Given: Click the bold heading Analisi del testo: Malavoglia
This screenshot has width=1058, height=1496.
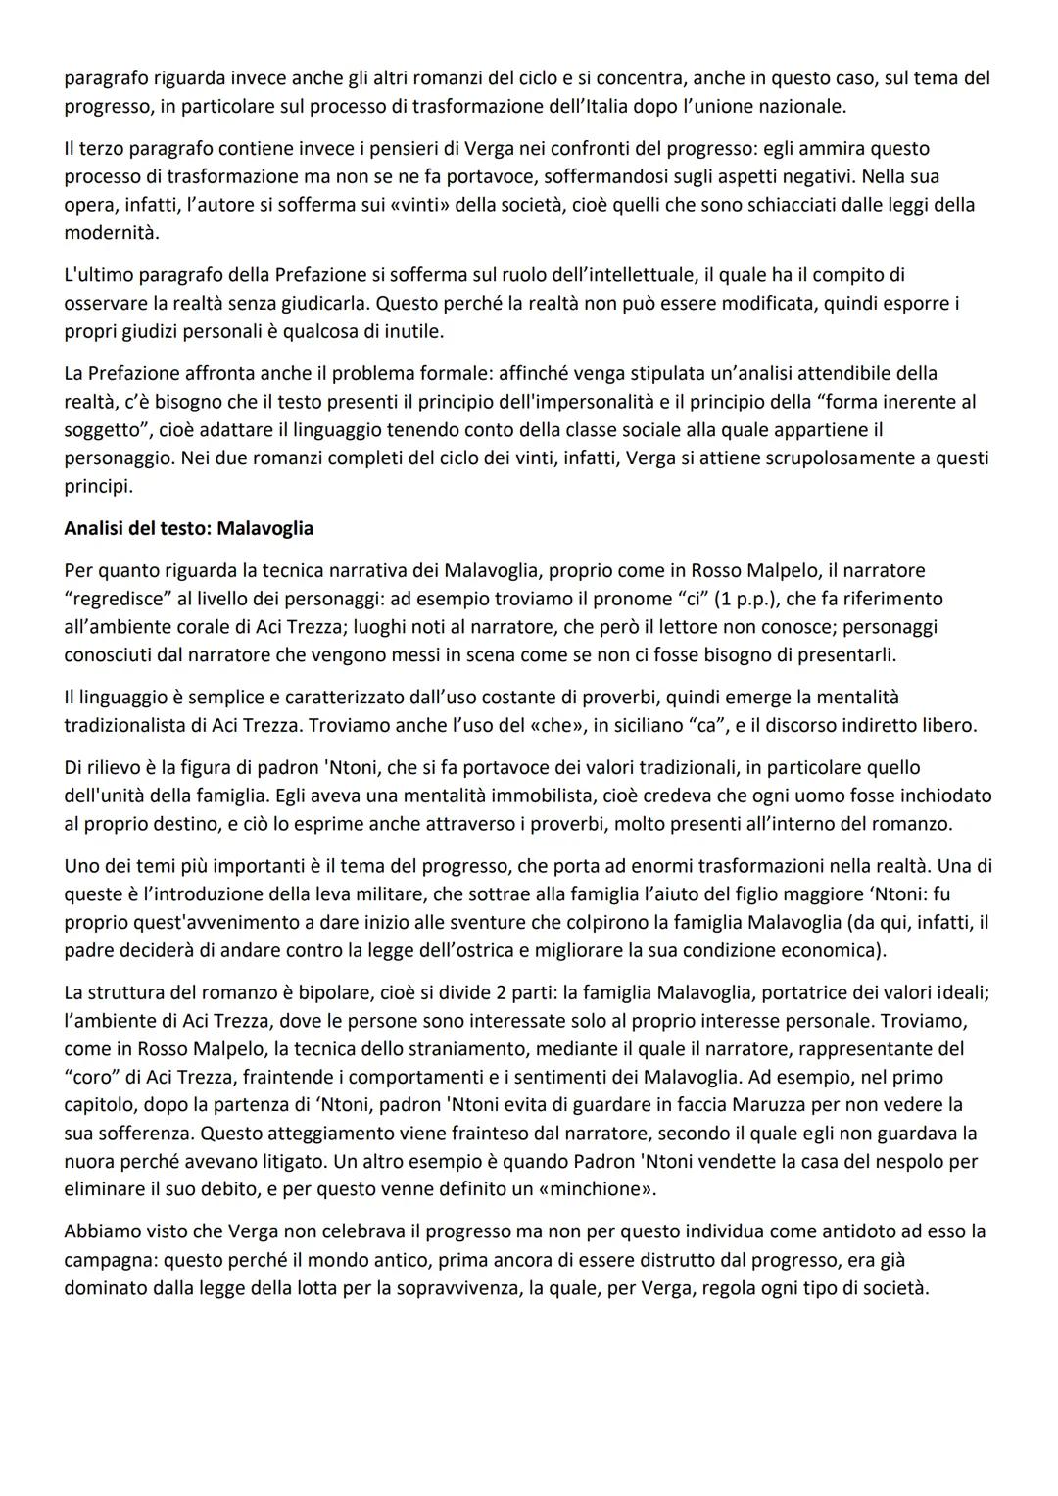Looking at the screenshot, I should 188,528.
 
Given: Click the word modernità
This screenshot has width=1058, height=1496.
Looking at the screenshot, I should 110,233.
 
